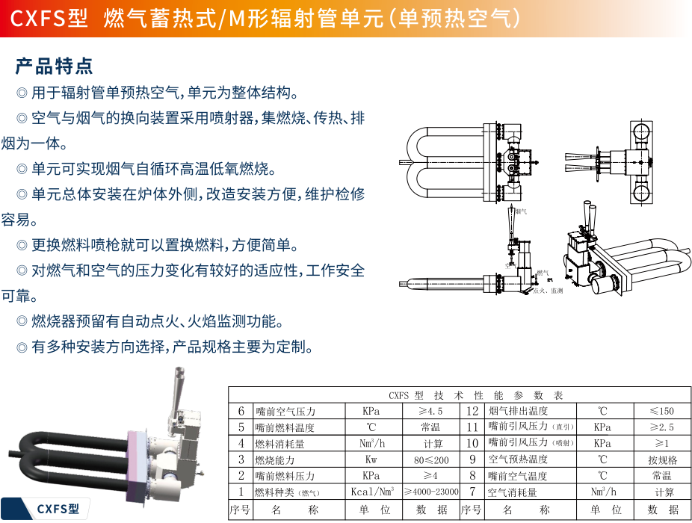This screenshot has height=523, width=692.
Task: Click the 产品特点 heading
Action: pyautogui.click(x=55, y=66)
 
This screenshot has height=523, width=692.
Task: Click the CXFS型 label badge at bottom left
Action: pyautogui.click(x=58, y=509)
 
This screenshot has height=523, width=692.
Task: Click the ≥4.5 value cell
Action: pyautogui.click(x=430, y=411)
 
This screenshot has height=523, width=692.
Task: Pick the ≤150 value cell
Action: pyautogui.click(x=661, y=411)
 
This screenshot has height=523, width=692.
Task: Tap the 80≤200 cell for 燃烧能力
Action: pyautogui.click(x=430, y=459)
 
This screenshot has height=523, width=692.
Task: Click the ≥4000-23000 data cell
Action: pyautogui.click(x=431, y=492)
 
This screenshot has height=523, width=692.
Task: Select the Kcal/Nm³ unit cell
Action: pyautogui.click(x=372, y=492)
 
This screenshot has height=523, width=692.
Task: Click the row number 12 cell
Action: pyautogui.click(x=472, y=411)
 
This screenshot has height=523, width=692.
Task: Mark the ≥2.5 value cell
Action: pyautogui.click(x=661, y=427)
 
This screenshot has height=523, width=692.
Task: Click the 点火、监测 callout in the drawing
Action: pyautogui.click(x=547, y=290)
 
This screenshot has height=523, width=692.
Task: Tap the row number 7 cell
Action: pyautogui.click(x=472, y=492)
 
